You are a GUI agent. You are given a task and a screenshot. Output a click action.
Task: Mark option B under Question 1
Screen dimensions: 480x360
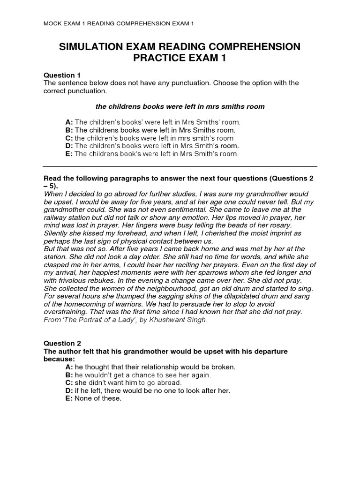click(x=150, y=130)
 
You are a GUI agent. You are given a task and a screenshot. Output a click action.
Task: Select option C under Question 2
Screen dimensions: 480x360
click(x=123, y=382)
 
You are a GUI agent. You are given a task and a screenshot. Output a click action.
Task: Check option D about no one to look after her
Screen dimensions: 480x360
click(x=148, y=390)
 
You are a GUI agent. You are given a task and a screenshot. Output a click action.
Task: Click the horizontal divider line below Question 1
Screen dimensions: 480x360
click(x=180, y=166)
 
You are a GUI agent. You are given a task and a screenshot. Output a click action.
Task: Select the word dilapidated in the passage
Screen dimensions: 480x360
click(x=225, y=296)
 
